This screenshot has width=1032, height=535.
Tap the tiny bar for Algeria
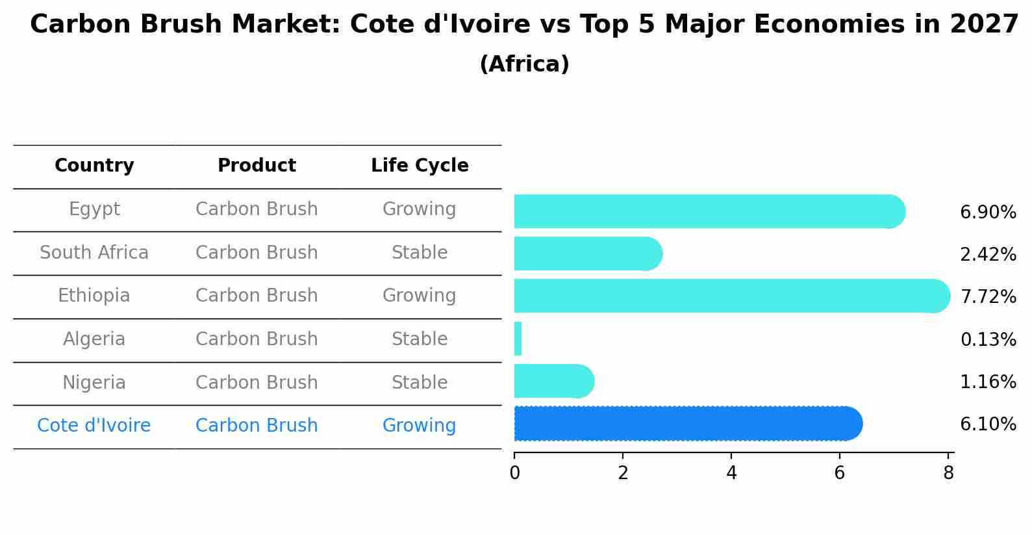[x=518, y=339]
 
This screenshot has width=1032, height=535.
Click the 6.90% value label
[x=987, y=213]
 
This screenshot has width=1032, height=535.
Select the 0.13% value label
[x=987, y=339]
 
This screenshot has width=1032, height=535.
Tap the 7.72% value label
[x=987, y=297]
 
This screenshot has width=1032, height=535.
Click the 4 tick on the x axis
[x=731, y=473]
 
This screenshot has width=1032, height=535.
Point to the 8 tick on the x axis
[x=948, y=473]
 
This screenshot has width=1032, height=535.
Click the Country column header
[x=94, y=166]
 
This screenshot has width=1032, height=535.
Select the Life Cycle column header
[x=420, y=166]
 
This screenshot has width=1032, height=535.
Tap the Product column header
[x=257, y=166]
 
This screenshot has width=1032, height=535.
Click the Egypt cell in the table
[x=94, y=209]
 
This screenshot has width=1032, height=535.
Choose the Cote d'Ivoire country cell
[x=94, y=426]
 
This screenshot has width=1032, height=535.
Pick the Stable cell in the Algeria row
[x=420, y=339]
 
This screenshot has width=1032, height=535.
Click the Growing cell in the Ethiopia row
[x=419, y=296]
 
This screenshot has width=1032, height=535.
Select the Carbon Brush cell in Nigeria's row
[x=257, y=382]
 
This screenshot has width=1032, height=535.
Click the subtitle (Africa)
[x=524, y=64]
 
